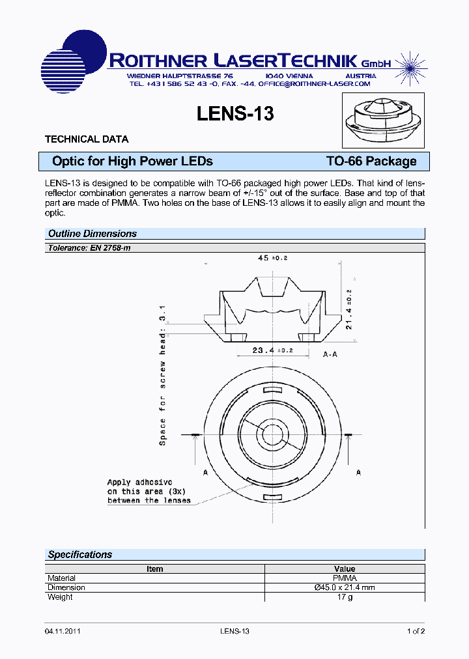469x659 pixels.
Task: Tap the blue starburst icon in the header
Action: [408, 63]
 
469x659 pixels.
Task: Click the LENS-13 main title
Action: [235, 113]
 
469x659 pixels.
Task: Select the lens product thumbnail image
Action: [383, 120]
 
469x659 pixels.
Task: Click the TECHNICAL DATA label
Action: [86, 139]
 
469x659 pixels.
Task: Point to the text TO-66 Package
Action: [371, 161]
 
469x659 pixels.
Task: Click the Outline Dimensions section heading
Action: [92, 234]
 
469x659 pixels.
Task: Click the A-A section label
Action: [330, 355]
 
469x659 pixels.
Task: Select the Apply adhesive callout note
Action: [149, 492]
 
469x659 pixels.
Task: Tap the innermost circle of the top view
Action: [272, 435]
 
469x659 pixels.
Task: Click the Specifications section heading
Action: [80, 555]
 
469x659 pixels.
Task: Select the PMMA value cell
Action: [345, 578]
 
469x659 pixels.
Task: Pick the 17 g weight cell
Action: [345, 597]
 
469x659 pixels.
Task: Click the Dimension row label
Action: [66, 587]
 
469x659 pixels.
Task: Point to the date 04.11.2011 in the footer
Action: [63, 631]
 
